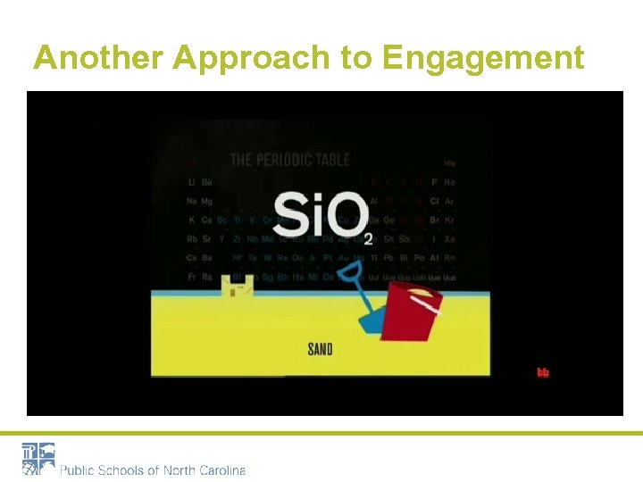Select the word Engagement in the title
(482, 58)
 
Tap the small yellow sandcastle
(238, 287)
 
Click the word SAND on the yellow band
(320, 349)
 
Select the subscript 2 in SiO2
(368, 238)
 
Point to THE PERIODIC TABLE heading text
(290, 161)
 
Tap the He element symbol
(449, 163)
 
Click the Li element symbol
(192, 182)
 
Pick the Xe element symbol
(449, 239)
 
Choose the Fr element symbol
(192, 278)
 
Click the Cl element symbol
(435, 202)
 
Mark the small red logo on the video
(542, 372)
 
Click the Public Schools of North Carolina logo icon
(38, 458)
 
